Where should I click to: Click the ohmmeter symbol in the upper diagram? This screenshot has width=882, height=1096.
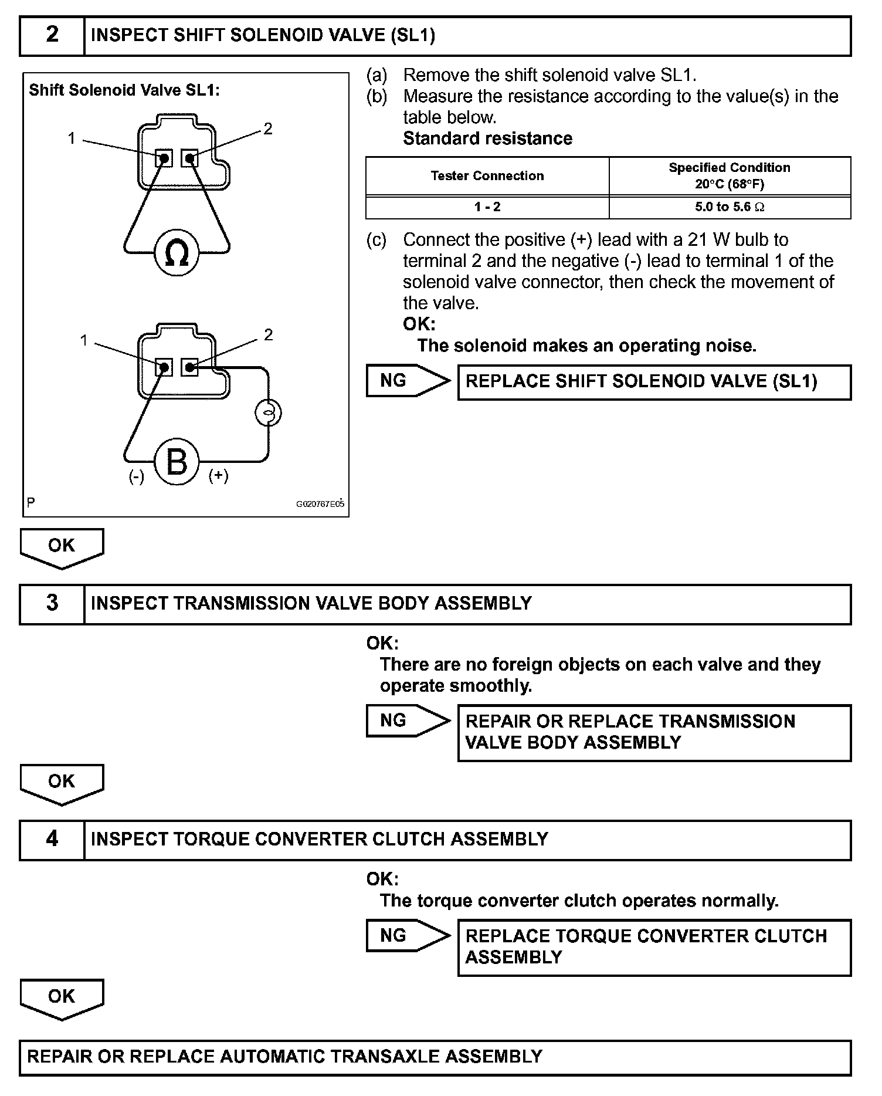[x=177, y=253]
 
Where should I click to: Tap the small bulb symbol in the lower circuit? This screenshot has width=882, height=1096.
[x=268, y=413]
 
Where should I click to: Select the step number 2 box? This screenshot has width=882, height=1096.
[x=52, y=35]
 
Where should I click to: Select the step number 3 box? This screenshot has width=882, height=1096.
[x=52, y=603]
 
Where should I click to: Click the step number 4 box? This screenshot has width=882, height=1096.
[x=52, y=839]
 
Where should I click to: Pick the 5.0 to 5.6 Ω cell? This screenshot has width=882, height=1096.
[x=730, y=207]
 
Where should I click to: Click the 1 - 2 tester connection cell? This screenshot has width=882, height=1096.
[x=487, y=207]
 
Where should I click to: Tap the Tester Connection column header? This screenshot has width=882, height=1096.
[x=487, y=176]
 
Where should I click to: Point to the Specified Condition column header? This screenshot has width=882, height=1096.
[x=730, y=175]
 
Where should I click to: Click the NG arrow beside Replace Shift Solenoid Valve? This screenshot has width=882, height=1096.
[x=408, y=381]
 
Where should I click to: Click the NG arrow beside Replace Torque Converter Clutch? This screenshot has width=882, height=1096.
[x=408, y=935]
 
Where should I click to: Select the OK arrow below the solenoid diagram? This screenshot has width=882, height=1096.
[x=62, y=547]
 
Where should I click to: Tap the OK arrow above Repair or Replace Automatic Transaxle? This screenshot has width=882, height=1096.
[x=62, y=997]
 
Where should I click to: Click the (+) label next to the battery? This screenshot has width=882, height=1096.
[x=219, y=476]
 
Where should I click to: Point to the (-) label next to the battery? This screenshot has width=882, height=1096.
[x=137, y=477]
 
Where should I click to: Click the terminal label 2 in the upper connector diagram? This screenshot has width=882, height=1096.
[x=268, y=129]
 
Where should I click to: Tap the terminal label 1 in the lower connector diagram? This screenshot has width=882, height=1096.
[x=84, y=340]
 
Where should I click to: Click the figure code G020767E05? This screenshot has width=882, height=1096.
[x=320, y=504]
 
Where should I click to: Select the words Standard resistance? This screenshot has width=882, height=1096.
[x=487, y=138]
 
